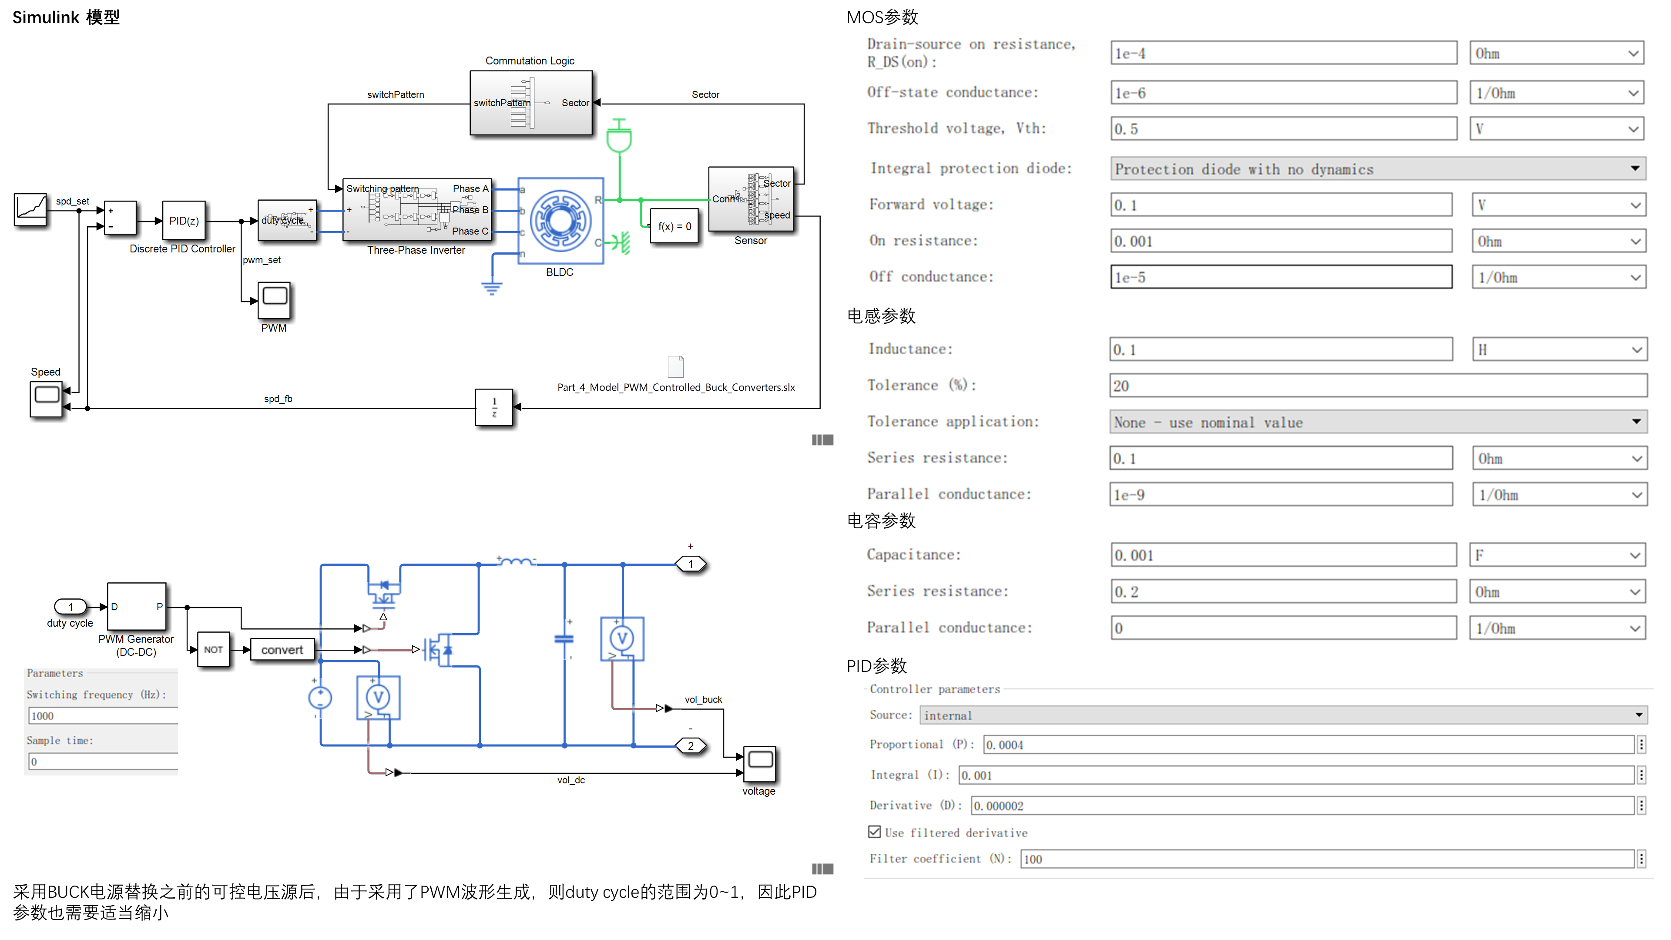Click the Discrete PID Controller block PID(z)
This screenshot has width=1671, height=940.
[x=184, y=221]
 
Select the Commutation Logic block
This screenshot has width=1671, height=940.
[x=530, y=103]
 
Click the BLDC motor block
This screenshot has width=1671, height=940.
[x=560, y=221]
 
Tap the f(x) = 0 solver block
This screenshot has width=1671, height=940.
[x=674, y=226]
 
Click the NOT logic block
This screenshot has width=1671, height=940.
[x=213, y=649]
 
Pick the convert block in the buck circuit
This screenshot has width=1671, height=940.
[x=282, y=649]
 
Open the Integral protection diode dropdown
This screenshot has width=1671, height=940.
[x=1378, y=169]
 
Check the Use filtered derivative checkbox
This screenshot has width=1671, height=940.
[x=874, y=832]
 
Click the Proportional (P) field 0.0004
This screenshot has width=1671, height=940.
[x=1307, y=745]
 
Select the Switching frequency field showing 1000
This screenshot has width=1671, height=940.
[x=103, y=715]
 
